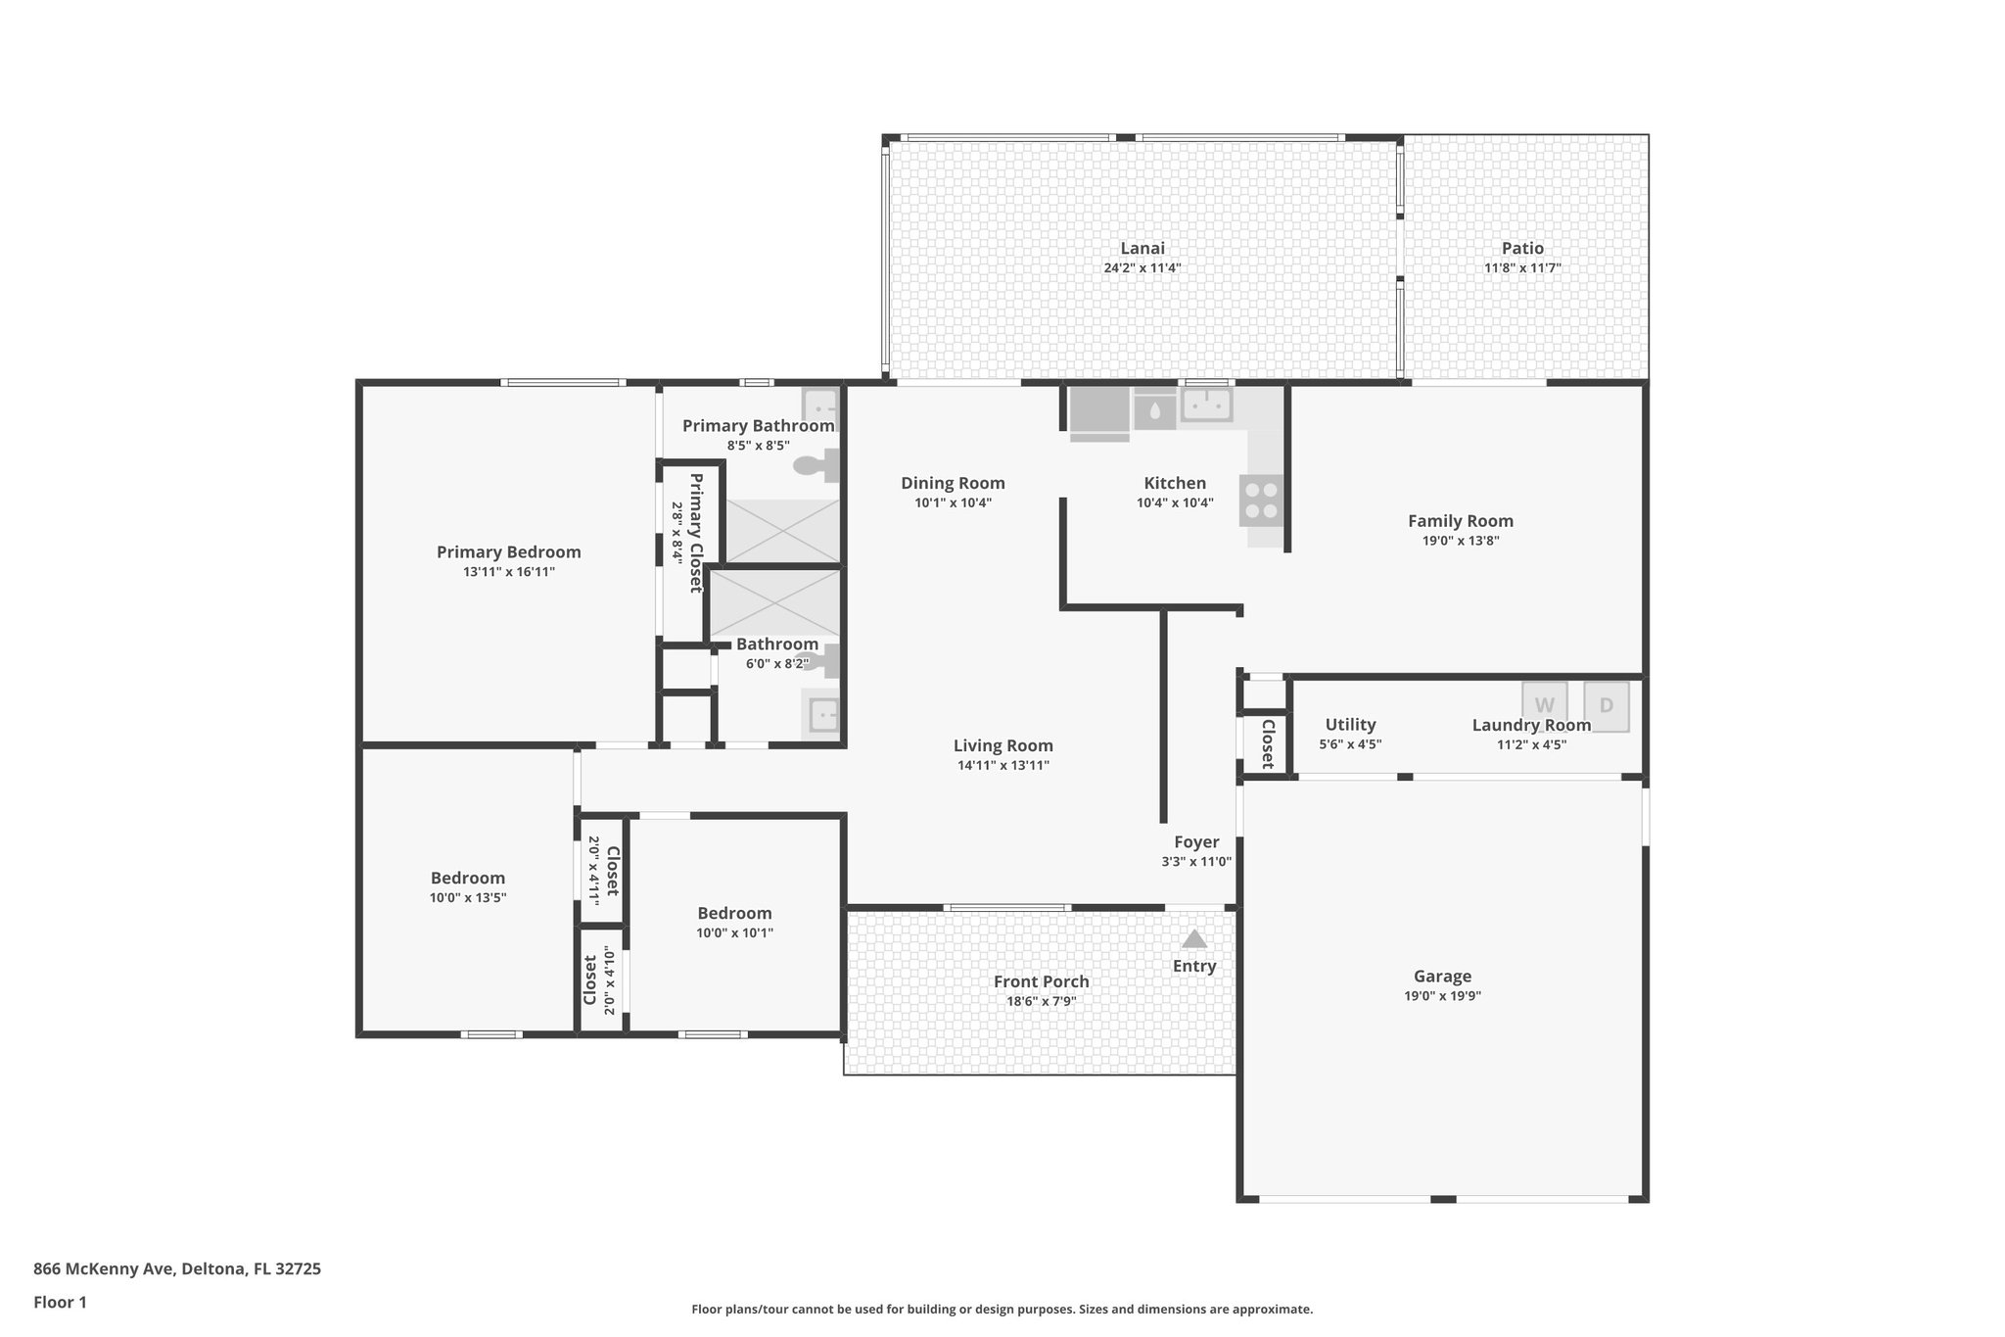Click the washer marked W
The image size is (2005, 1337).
coord(1544,705)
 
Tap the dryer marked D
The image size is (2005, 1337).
coord(1606,705)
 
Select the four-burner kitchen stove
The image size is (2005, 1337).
coord(1262,501)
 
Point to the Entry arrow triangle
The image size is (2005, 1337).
coord(1193,939)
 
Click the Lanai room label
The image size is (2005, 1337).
coord(1142,249)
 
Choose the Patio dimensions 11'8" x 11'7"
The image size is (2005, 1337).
coord(1522,267)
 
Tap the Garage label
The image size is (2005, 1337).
coord(1442,977)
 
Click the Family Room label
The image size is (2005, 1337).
coord(1460,521)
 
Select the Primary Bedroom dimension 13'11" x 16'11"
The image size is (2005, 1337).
coord(509,572)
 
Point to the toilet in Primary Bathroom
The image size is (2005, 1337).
coord(818,466)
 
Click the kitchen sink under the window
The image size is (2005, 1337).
coord(1206,405)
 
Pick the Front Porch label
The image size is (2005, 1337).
coord(1041,981)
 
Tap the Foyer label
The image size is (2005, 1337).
coord(1196,842)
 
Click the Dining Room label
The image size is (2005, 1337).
coord(953,483)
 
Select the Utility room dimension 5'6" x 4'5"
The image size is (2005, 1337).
coord(1350,744)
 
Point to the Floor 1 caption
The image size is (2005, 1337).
coord(60,1302)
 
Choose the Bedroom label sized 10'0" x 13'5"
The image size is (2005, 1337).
coord(468,879)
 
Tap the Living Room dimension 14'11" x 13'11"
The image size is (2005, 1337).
coord(1002,765)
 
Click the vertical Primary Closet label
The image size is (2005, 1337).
coord(696,532)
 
